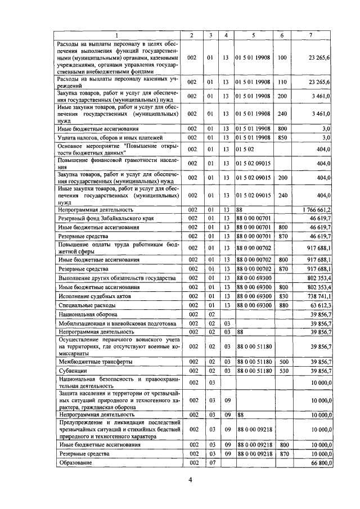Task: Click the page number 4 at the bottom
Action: [x=190, y=479]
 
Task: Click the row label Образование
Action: [x=75, y=462]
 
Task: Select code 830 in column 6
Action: [x=282, y=296]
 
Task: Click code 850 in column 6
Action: [x=282, y=137]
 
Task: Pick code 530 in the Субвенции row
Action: [x=282, y=371]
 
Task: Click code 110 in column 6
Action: [x=282, y=82]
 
